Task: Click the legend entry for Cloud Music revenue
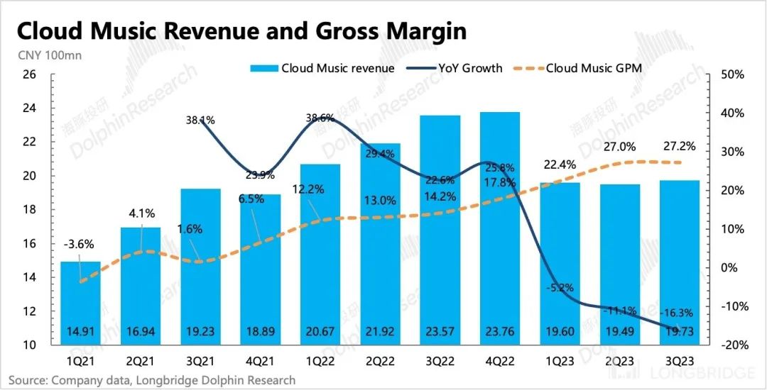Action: [322, 68]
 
